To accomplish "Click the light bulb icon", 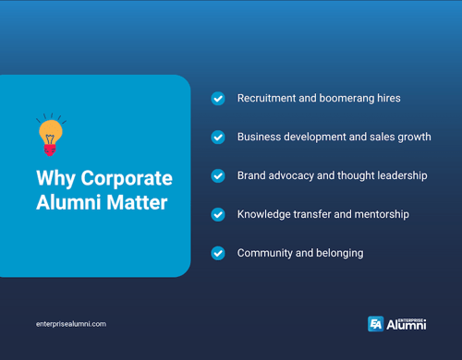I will tap(50, 135).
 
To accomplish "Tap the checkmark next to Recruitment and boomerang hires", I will tap(218, 98).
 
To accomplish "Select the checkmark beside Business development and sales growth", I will tap(218, 137).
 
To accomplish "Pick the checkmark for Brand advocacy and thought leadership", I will tap(218, 175).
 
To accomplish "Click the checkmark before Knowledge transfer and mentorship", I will tap(218, 214).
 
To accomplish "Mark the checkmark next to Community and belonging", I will tap(218, 253).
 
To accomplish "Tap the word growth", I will tap(413, 137).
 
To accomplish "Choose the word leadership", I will tap(398, 175).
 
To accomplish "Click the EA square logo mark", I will tap(375, 323).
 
